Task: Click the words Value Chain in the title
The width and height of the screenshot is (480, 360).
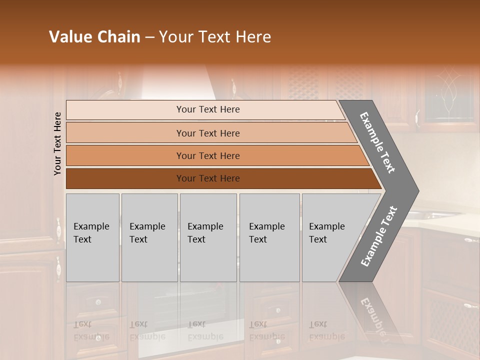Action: [x=94, y=37]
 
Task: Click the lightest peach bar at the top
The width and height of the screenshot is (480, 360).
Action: [x=125, y=110]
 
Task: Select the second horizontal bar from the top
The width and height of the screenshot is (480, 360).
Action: [x=125, y=133]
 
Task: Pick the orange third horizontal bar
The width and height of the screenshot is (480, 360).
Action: [x=125, y=155]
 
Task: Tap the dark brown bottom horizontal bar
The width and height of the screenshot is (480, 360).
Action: [x=125, y=178]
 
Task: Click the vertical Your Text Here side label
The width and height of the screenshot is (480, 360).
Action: [x=57, y=143]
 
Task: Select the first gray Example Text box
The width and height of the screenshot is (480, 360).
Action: [x=92, y=237]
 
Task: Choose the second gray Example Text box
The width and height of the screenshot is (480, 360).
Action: [x=149, y=237]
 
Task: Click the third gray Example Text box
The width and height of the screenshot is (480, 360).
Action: [x=208, y=237]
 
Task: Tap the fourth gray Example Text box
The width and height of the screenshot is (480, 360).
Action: [x=269, y=237]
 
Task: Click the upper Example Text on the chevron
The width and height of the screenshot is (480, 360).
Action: [x=378, y=142]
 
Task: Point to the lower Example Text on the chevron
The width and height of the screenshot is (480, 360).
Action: [x=379, y=236]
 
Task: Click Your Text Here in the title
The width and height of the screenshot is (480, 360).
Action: [x=215, y=37]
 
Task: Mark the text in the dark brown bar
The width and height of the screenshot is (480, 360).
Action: [x=208, y=178]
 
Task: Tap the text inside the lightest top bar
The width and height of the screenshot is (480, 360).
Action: [x=208, y=109]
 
